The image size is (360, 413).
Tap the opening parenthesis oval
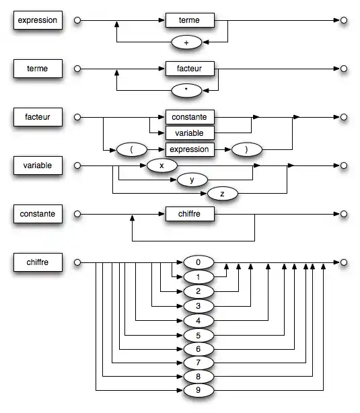pos(132,149)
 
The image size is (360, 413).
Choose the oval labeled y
pos(192,180)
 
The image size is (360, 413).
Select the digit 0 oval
pos(198,262)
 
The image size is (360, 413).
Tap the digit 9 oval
pos(198,390)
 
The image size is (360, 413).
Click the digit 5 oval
pos(198,334)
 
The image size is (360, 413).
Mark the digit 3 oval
pos(198,306)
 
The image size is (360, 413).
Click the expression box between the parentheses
pos(190,149)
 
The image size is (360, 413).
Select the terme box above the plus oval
pos(190,21)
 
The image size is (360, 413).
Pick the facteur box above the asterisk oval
pos(190,69)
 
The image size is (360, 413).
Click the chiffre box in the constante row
pos(190,215)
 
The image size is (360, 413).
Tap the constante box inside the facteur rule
pos(190,117)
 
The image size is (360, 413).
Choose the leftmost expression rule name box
pos(38,21)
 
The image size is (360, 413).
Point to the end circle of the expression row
pos(344,21)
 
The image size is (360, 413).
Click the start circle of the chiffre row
pos(77,262)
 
